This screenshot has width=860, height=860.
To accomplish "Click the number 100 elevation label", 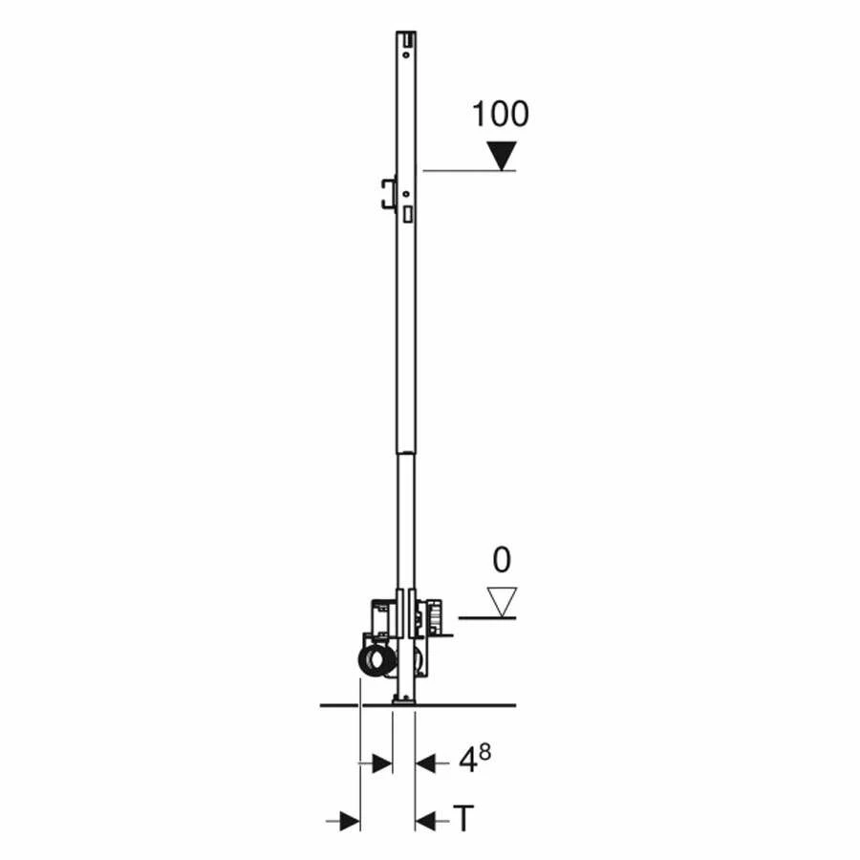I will click(x=500, y=115).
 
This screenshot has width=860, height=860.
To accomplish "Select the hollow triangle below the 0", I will click(x=501, y=601).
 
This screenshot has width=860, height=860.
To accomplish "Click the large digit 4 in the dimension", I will click(x=467, y=762).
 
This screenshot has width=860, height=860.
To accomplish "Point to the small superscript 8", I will click(x=485, y=752).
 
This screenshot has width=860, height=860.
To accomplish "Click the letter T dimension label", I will click(x=463, y=819).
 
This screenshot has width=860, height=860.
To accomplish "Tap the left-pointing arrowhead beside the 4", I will click(x=426, y=763).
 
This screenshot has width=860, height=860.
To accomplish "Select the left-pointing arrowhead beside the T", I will click(x=426, y=820).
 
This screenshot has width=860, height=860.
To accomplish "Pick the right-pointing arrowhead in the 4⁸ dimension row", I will click(x=381, y=763).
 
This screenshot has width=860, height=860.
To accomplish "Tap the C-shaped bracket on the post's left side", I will click(x=387, y=192).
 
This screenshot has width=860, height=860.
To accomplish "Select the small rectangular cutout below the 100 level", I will click(x=408, y=215).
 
